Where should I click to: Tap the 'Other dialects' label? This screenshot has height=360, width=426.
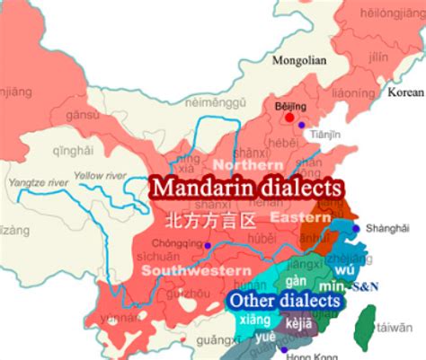tap(285, 300)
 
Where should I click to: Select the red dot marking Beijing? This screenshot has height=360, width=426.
tap(289, 117)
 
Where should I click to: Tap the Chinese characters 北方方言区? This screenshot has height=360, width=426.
tap(210, 219)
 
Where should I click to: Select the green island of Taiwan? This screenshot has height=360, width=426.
tap(366, 325)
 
